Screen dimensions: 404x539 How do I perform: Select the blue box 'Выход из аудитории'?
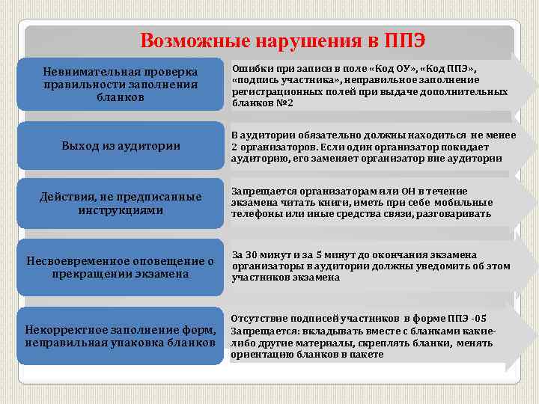121,146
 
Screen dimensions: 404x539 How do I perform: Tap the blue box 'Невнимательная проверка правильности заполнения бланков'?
121,84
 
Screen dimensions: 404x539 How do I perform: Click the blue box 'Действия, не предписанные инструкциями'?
121,203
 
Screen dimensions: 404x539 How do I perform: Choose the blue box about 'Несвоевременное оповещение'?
121,267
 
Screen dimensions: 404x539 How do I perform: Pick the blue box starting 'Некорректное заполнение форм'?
121,336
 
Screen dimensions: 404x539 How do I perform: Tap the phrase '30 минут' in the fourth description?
263,254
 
